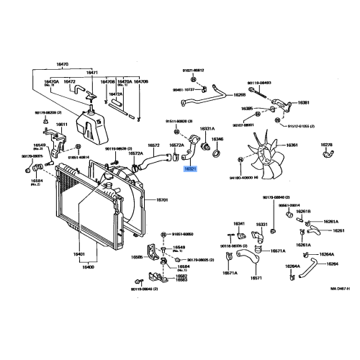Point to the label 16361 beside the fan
click(292, 145)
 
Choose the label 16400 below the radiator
click(88, 267)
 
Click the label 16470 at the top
click(61, 64)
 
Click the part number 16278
click(327, 145)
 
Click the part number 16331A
click(207, 128)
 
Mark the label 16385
click(247, 109)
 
